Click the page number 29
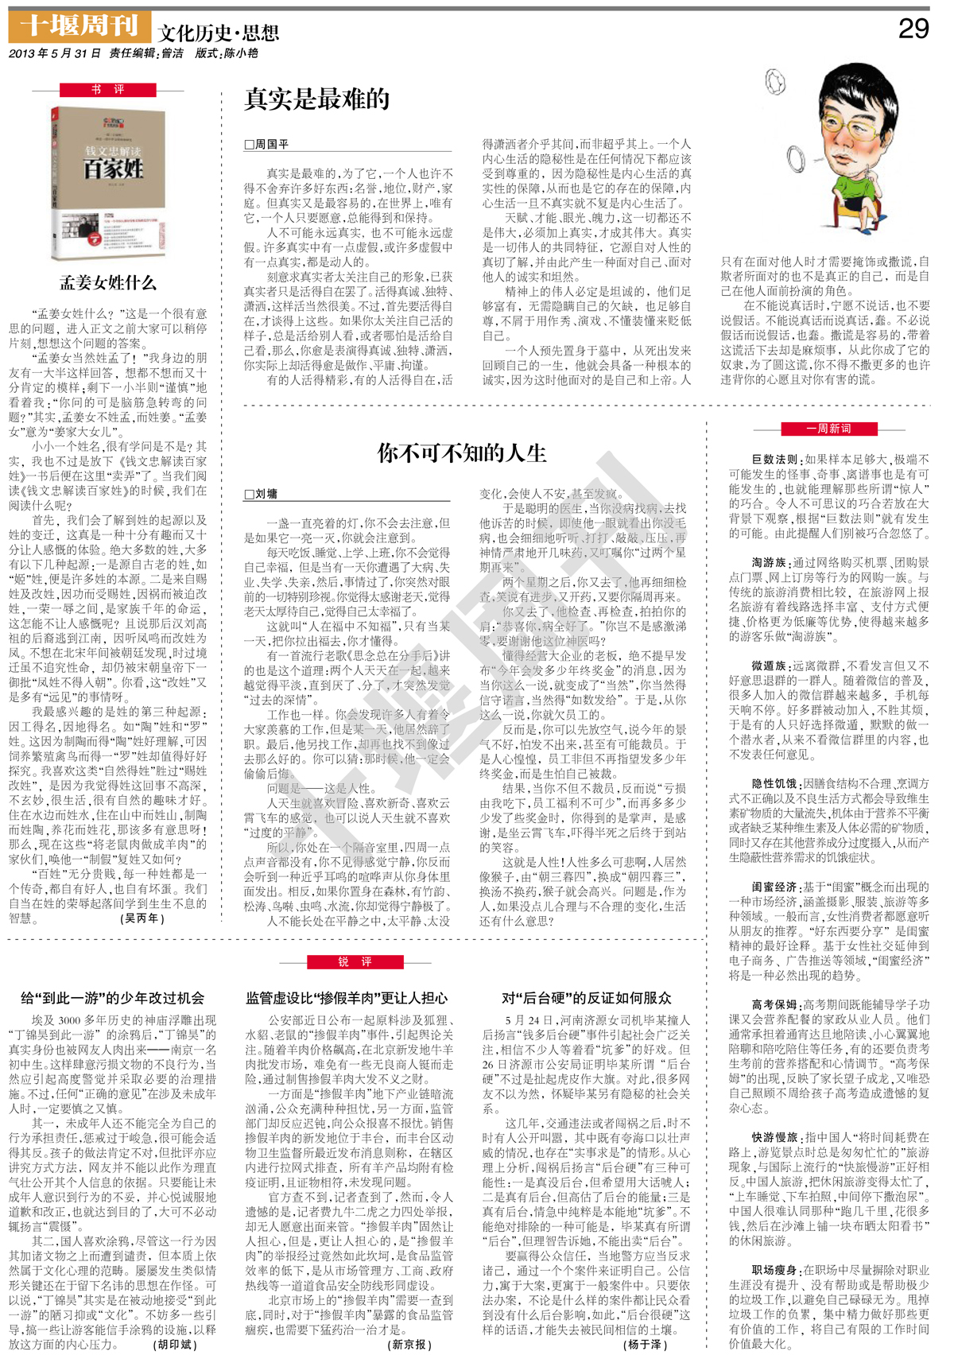click(x=913, y=29)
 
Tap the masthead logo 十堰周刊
click(x=79, y=26)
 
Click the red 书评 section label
click(x=108, y=90)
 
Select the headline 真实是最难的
click(x=316, y=99)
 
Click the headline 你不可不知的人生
click(x=461, y=453)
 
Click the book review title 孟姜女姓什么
click(x=108, y=282)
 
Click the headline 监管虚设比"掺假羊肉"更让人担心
click(x=347, y=998)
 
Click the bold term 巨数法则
click(x=775, y=460)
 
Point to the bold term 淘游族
click(x=769, y=562)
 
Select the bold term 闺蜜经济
click(x=775, y=887)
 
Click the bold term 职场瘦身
click(x=775, y=1271)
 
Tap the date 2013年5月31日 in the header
click(x=55, y=53)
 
